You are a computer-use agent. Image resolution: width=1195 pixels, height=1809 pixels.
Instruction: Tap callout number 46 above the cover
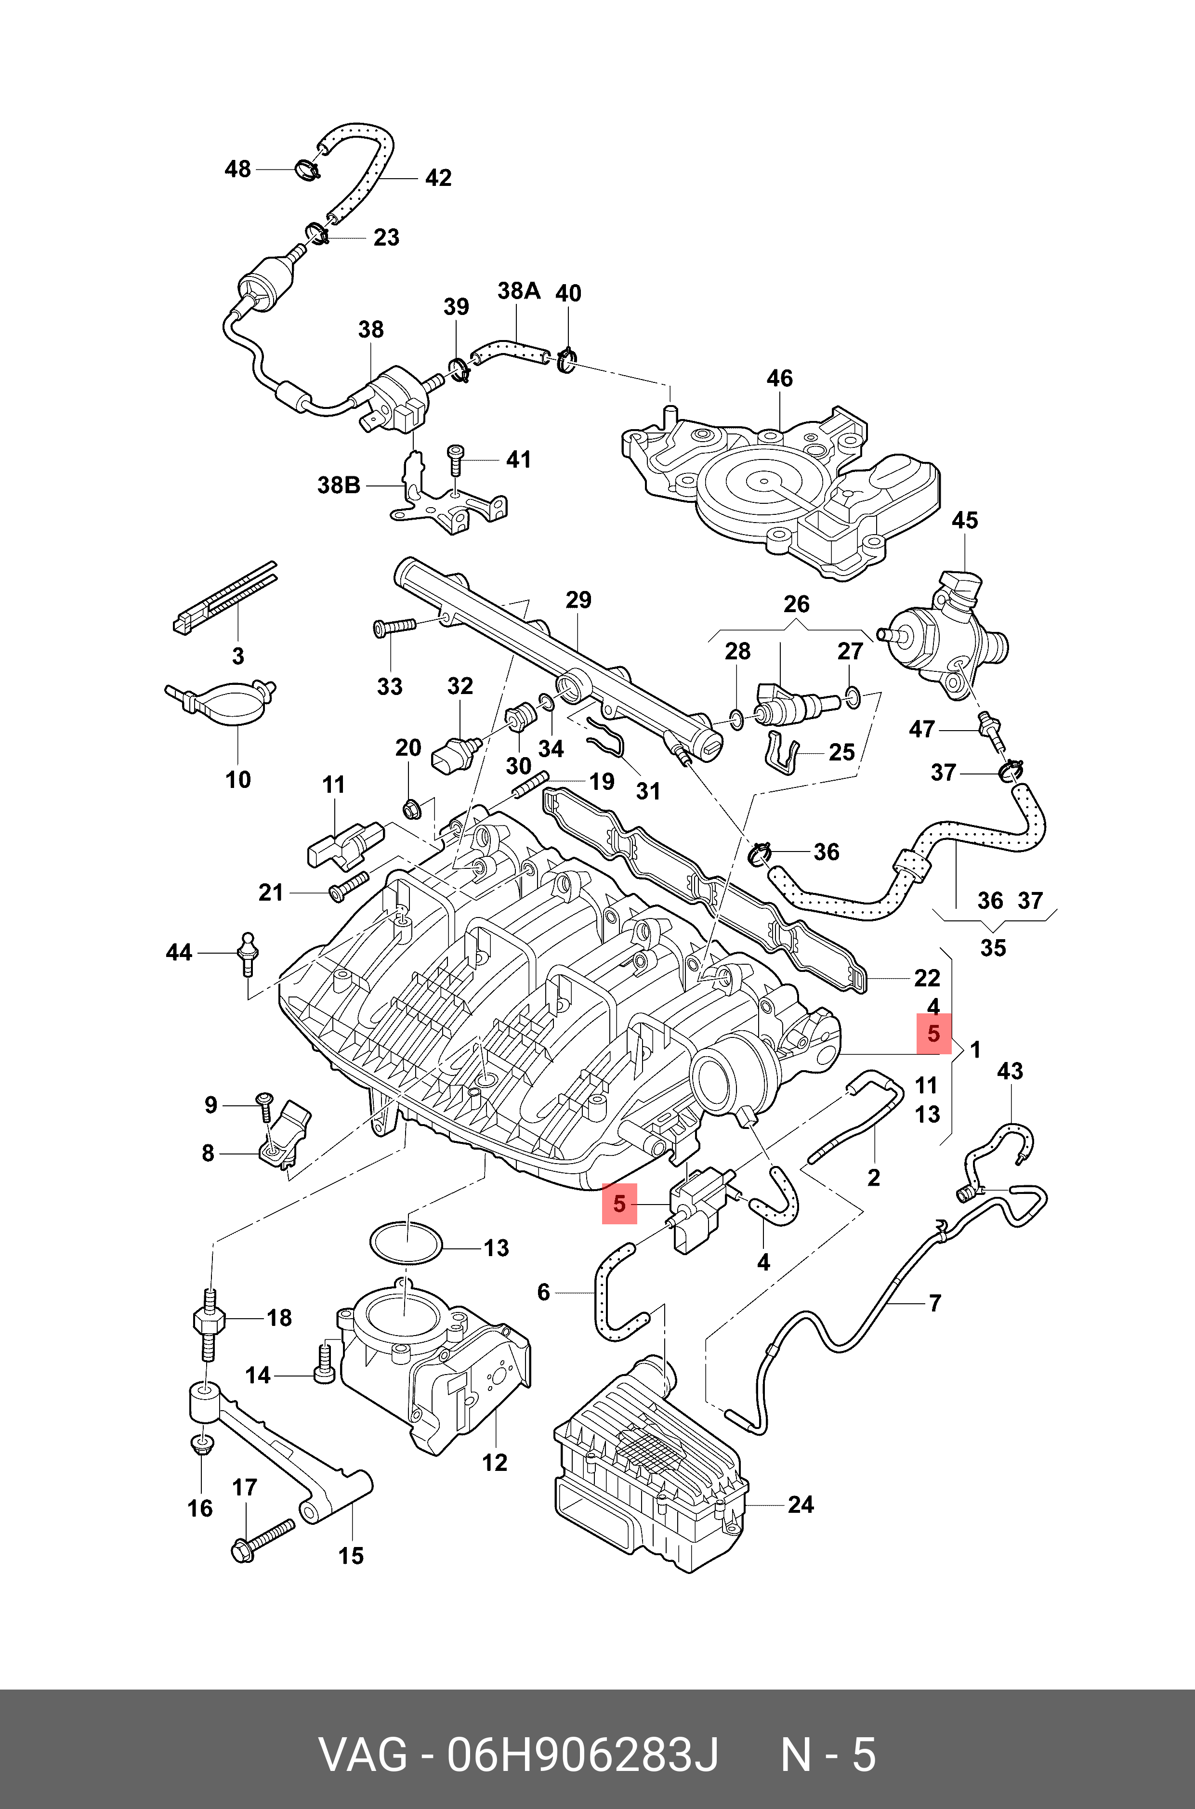(x=779, y=378)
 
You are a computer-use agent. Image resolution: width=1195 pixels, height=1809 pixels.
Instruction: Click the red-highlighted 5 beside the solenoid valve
(x=619, y=1204)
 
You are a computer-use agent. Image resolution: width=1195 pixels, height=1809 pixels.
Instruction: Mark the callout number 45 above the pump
(x=964, y=521)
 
